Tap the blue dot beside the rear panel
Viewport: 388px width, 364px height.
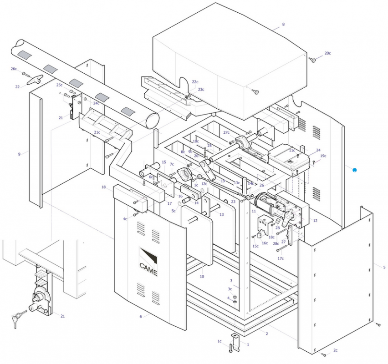tap(354, 170)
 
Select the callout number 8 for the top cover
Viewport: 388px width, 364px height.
tap(283, 24)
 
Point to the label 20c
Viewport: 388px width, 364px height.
tap(327, 53)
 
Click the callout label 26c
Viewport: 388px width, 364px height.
tap(14, 69)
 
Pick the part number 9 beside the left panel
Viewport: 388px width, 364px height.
tap(19, 154)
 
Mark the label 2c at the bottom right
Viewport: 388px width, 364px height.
tap(335, 350)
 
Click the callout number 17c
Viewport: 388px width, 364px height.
tap(281, 258)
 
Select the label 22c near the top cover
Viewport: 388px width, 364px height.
tap(195, 82)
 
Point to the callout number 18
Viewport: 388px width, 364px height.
tap(103, 187)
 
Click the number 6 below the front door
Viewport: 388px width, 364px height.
tap(140, 316)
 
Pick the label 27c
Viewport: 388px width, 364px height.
tap(226, 132)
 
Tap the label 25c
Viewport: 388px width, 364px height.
tap(59, 85)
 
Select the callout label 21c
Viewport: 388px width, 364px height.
tap(97, 132)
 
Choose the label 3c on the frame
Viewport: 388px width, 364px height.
tap(230, 289)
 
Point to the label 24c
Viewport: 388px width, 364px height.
tap(96, 103)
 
